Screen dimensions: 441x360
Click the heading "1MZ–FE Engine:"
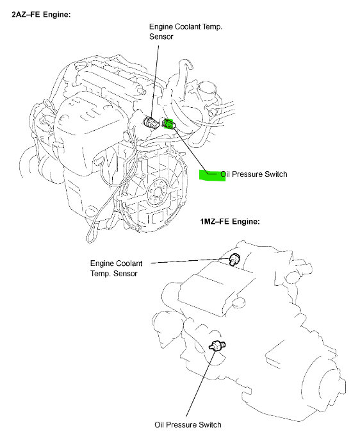tap(229, 222)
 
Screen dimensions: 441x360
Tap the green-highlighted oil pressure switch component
tap(169, 124)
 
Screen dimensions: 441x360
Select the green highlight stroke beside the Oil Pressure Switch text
tap(212, 176)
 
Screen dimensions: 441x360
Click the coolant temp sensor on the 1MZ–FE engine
tap(235, 258)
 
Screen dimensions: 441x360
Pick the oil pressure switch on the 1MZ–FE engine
tap(219, 346)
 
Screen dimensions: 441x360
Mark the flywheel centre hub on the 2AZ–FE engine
tap(156, 192)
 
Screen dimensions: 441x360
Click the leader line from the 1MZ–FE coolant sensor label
tap(192, 261)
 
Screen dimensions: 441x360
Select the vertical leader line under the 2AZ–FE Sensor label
tap(154, 77)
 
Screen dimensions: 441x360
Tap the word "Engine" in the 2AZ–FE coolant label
tap(161, 28)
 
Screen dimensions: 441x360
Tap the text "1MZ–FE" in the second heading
tap(215, 222)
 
